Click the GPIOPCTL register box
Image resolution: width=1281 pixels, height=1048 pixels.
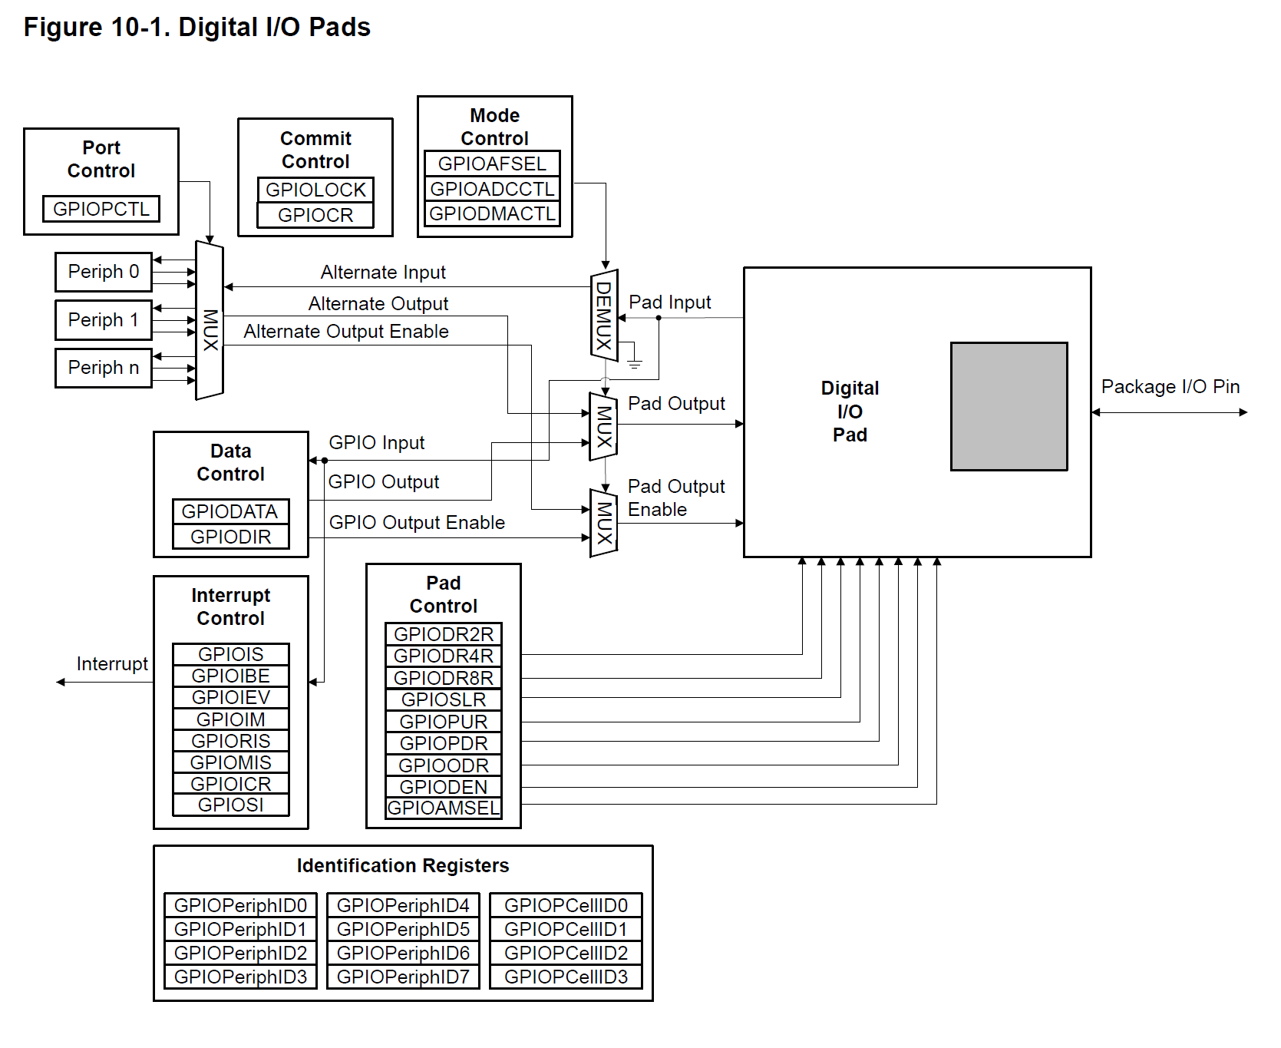(101, 209)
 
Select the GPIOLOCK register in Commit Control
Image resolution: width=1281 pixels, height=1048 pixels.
(315, 190)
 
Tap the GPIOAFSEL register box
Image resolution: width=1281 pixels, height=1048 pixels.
(492, 164)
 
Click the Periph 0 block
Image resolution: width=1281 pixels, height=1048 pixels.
(104, 272)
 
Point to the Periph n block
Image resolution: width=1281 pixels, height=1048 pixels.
(104, 368)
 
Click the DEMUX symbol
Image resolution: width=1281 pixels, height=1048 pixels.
(604, 315)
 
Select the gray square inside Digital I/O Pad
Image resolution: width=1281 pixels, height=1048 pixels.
(1009, 406)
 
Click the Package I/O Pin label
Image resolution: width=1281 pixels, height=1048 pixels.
(1170, 387)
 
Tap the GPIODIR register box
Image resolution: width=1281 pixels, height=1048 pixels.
(230, 537)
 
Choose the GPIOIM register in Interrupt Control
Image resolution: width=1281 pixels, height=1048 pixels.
(230, 719)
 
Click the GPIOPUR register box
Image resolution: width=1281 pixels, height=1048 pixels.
(444, 722)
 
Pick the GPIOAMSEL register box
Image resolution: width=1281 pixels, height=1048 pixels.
(444, 808)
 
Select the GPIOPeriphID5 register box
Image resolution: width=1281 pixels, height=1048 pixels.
(403, 930)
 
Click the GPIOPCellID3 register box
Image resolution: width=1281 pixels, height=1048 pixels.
(566, 977)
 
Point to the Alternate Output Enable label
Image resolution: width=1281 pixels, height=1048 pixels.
(346, 332)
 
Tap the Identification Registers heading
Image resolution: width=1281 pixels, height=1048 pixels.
(403, 866)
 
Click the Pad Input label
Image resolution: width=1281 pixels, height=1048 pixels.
(669, 302)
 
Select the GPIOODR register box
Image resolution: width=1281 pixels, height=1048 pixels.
(444, 765)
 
